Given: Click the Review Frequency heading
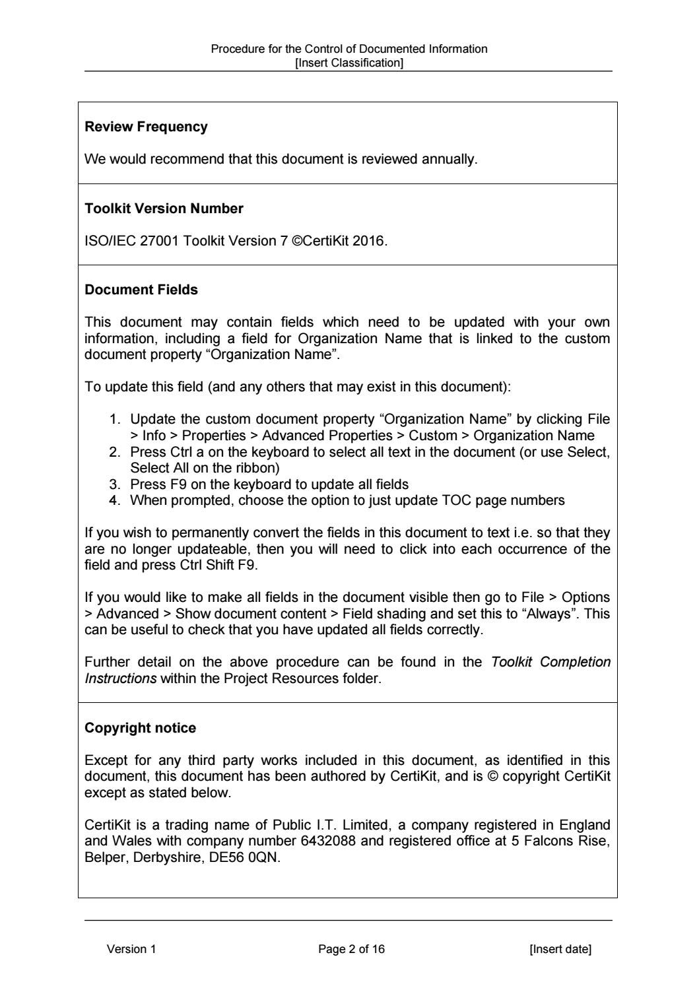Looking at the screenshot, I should click(146, 127).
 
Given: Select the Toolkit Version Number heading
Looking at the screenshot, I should click(164, 209).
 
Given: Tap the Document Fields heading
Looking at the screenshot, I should click(141, 290).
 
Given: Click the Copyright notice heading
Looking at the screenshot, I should click(141, 728).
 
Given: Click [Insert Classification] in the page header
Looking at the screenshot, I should click(349, 63).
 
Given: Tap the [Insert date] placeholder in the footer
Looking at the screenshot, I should click(560, 949).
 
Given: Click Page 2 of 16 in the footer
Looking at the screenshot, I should click(351, 949).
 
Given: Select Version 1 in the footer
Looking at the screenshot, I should click(131, 949).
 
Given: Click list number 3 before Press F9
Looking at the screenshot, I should click(114, 484).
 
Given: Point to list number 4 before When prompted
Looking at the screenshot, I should click(114, 500).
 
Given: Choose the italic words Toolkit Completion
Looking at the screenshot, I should click(550, 662).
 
